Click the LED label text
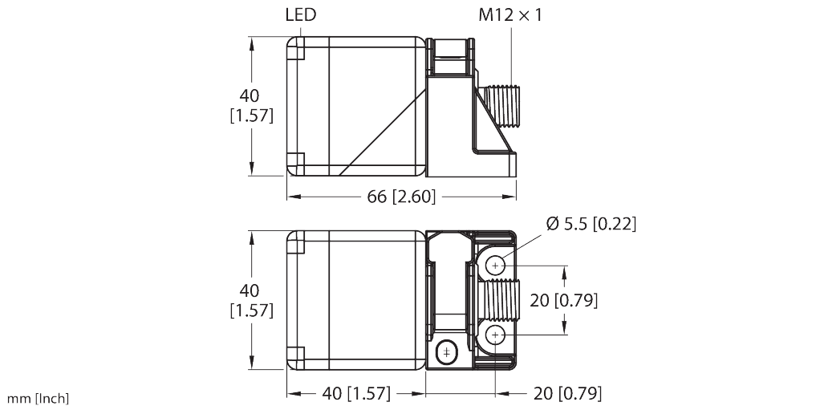[301, 15]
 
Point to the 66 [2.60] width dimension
[401, 197]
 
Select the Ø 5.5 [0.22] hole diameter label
[591, 224]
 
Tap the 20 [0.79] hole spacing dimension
[564, 300]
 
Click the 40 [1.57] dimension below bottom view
[356, 393]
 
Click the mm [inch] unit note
[39, 399]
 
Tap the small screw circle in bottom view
[445, 351]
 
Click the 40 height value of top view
[251, 96]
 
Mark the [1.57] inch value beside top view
[251, 116]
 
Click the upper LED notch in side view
[294, 51]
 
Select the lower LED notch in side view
[294, 160]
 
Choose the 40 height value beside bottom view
[251, 290]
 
